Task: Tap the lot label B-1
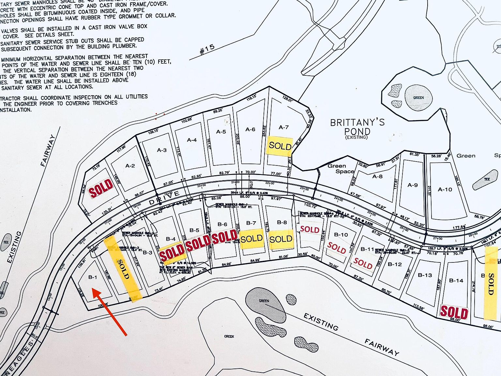93,277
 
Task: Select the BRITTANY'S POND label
357,127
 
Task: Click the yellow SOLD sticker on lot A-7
280,146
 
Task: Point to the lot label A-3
162,150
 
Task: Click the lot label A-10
445,189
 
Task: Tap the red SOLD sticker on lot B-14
454,312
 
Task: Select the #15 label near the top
207,49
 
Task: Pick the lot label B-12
395,264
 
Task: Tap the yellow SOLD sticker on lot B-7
251,239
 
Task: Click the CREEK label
229,336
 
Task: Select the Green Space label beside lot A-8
341,168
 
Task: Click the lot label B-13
425,275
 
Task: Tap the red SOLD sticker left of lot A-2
101,188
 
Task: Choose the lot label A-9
413,185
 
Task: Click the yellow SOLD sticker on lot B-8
281,239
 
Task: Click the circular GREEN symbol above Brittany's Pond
418,98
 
